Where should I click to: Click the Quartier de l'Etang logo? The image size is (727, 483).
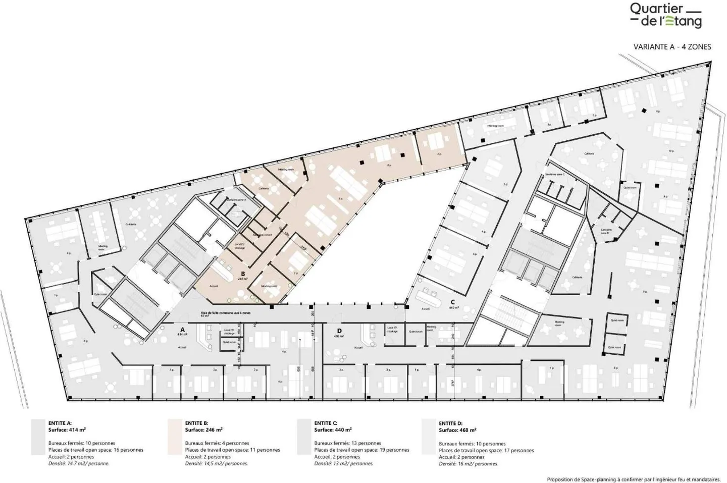[665, 15]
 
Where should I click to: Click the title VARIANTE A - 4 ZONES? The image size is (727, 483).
[672, 47]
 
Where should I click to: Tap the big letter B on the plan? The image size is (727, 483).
[243, 274]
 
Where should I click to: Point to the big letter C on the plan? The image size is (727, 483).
[453, 302]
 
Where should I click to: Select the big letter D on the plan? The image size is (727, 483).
[339, 331]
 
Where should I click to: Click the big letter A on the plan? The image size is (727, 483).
[182, 329]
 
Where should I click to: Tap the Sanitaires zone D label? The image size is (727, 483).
[606, 231]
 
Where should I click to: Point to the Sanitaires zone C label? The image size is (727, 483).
[554, 174]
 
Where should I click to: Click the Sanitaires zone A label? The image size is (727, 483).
[236, 200]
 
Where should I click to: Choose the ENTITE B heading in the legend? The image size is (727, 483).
[196, 423]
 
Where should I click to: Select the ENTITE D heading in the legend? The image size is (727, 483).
[450, 423]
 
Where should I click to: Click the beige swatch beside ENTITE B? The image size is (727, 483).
[175, 437]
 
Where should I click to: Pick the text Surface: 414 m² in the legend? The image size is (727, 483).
[67, 430]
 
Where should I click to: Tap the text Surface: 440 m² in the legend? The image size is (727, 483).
[333, 430]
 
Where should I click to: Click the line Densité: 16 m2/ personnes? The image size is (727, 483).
[468, 463]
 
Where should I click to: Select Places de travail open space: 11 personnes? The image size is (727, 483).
[232, 450]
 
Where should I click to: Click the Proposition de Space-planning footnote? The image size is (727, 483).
[634, 479]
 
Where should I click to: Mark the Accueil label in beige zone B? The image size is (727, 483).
[214, 286]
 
